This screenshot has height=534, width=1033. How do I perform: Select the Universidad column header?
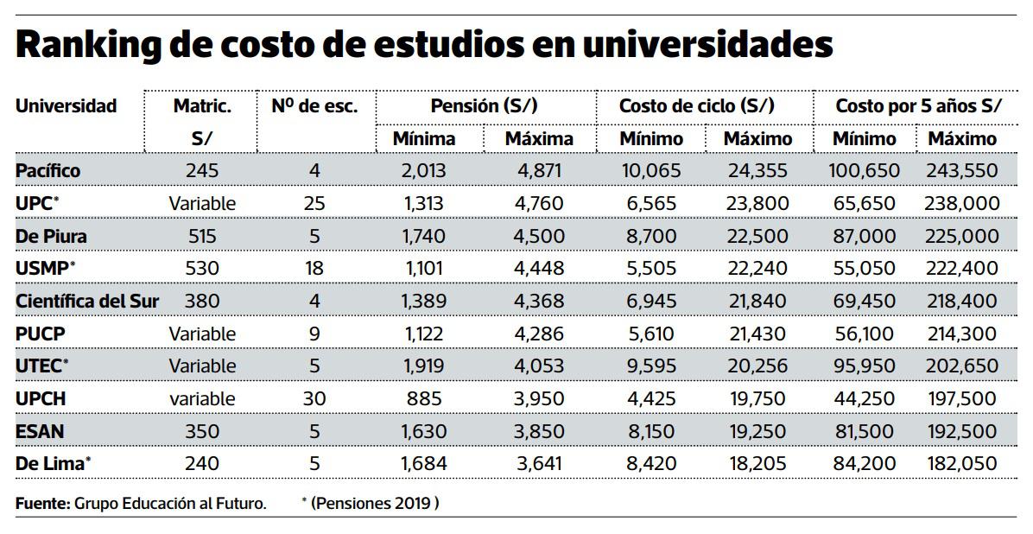[66, 106]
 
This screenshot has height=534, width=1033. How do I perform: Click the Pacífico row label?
[48, 171]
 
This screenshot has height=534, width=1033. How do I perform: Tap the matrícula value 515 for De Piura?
[201, 236]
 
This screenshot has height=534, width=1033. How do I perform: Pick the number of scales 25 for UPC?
[314, 204]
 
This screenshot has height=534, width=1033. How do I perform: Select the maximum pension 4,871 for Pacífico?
[539, 171]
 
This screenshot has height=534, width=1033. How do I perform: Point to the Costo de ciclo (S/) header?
[696, 106]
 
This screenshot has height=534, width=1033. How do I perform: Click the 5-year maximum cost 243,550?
[961, 171]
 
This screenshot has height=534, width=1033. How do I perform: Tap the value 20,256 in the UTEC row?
[757, 366]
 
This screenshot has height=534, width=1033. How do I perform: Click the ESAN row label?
[40, 431]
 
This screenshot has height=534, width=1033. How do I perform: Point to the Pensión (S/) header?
[484, 106]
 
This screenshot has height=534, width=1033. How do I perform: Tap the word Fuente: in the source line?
[42, 503]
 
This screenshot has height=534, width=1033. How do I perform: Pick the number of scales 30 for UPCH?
[314, 398]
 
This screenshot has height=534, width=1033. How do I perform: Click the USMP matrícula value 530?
[201, 269]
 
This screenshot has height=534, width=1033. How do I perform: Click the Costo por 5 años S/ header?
[918, 106]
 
